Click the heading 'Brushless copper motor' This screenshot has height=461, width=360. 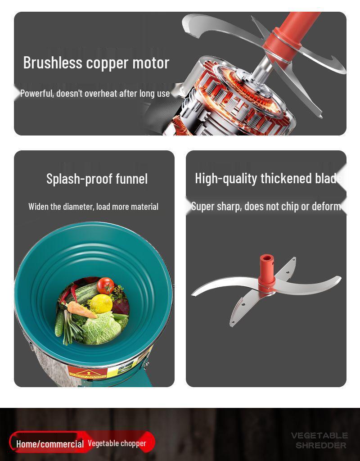[x=96, y=63]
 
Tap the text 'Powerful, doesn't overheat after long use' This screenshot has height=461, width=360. [x=95, y=94]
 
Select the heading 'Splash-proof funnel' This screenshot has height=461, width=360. [x=97, y=179]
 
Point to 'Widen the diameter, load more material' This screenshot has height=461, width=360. [x=93, y=207]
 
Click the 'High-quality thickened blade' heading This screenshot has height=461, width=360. [x=267, y=178]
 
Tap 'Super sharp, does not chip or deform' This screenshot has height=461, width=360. [x=265, y=206]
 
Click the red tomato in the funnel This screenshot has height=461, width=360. [x=106, y=285]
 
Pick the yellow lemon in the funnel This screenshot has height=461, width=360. [x=101, y=303]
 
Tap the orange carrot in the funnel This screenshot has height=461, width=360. [x=81, y=310]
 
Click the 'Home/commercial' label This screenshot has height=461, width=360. [x=50, y=444]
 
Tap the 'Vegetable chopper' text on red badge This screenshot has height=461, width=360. [x=117, y=443]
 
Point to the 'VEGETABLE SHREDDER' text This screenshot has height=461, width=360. [x=319, y=440]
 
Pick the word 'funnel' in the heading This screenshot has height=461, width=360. [x=131, y=179]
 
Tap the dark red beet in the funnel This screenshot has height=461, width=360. [x=120, y=307]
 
